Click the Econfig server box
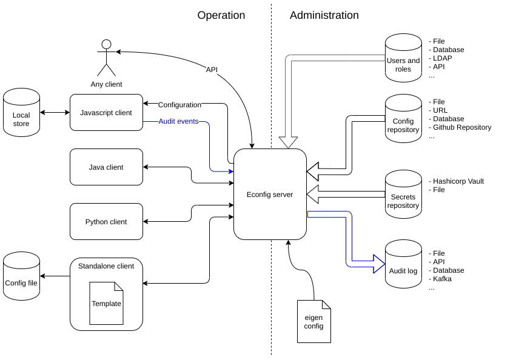pyautogui.click(x=270, y=195)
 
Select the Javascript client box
pyautogui.click(x=106, y=112)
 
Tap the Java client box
pyautogui.click(x=106, y=167)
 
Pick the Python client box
pyautogui.click(x=106, y=222)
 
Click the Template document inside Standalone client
pyautogui.click(x=106, y=303)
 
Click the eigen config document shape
pyautogui.click(x=314, y=321)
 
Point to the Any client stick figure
pyautogui.click(x=106, y=58)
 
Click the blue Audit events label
pyautogui.click(x=178, y=121)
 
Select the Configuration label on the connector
pyautogui.click(x=179, y=105)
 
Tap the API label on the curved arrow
pyautogui.click(x=212, y=70)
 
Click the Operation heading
pyautogui.click(x=221, y=16)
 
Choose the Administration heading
pyautogui.click(x=324, y=16)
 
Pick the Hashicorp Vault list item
pyautogui.click(x=458, y=181)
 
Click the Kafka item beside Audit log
pyautogui.click(x=442, y=279)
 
